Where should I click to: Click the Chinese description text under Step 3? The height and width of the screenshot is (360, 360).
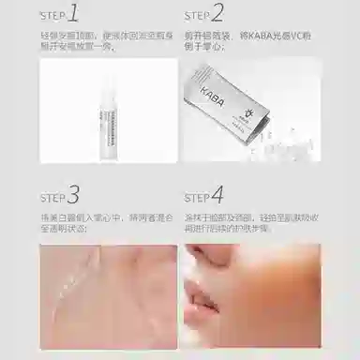[103, 226]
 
